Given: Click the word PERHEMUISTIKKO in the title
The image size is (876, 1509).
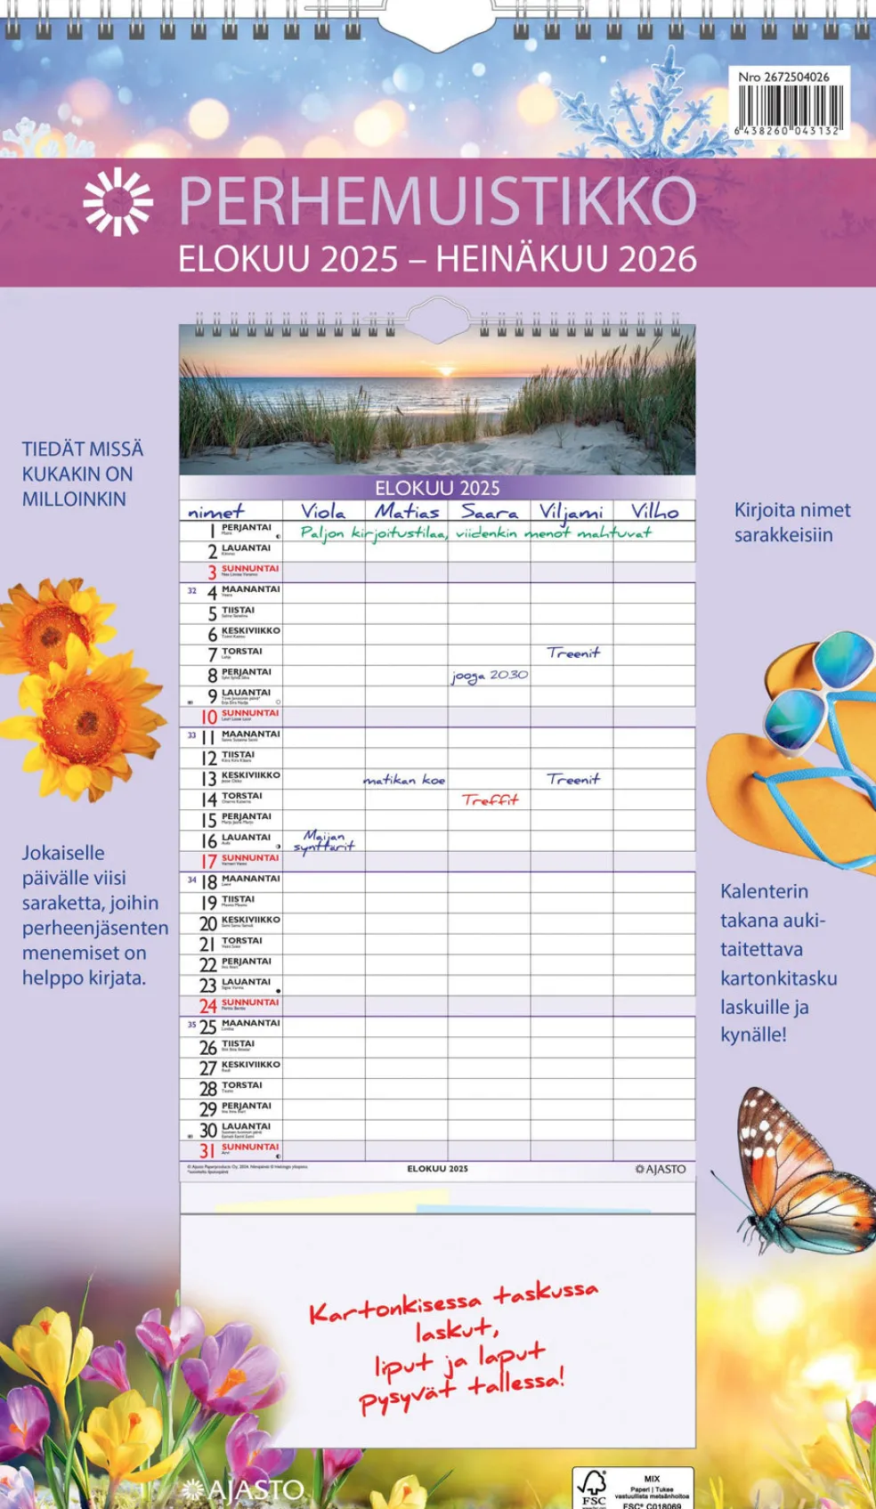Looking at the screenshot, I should pyautogui.click(x=437, y=201).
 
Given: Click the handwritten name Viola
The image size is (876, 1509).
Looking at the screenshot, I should pyautogui.click(x=322, y=511).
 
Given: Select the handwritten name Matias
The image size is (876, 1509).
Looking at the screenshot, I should pyautogui.click(x=407, y=511).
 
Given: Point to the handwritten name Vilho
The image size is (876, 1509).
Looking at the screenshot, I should pyautogui.click(x=654, y=511).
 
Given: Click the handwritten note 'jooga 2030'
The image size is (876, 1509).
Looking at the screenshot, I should pyautogui.click(x=489, y=676).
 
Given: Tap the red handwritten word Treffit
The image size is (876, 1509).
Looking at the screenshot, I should pyautogui.click(x=490, y=799).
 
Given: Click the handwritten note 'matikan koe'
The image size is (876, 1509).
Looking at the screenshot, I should pyautogui.click(x=404, y=780).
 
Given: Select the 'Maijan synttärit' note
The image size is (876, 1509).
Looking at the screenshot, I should pyautogui.click(x=324, y=840).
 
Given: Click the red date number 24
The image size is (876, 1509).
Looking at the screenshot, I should pyautogui.click(x=207, y=1006).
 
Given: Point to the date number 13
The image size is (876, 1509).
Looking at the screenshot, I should pyautogui.click(x=208, y=779).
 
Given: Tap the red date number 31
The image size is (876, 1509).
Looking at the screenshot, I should pyautogui.click(x=207, y=1151).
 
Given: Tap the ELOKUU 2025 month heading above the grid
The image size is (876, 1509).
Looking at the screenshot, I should pyautogui.click(x=437, y=488).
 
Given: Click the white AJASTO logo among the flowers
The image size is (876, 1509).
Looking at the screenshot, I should pyautogui.click(x=244, y=1489).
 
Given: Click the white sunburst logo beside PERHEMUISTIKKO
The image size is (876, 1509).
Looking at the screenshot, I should pyautogui.click(x=118, y=202).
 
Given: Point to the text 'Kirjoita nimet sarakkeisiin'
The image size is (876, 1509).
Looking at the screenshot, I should pyautogui.click(x=791, y=523).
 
